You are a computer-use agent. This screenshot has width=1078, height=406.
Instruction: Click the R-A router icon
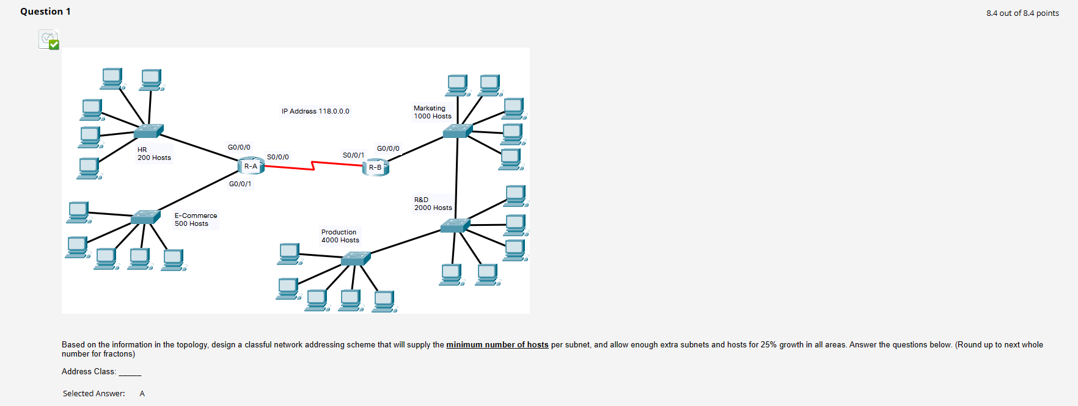[251, 165]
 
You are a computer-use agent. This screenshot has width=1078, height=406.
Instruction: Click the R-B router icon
[375, 167]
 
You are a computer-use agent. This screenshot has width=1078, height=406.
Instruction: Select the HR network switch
[148, 131]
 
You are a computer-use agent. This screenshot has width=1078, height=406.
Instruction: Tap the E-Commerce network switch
[145, 217]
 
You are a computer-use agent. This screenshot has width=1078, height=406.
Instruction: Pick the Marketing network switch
[458, 131]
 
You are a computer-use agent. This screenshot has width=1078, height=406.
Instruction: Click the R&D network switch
[455, 226]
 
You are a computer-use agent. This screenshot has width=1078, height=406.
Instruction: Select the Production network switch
[355, 259]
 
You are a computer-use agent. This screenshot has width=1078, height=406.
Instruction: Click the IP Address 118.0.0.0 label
[315, 111]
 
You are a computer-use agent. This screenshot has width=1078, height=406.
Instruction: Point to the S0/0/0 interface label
[277, 157]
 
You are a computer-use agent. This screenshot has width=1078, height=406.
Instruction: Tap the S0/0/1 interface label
[353, 155]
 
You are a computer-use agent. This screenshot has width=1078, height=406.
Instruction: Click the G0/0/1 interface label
[240, 184]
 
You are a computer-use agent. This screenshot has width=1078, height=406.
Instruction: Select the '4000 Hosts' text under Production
[340, 240]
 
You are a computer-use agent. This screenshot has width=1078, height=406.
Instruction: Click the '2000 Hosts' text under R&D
[433, 208]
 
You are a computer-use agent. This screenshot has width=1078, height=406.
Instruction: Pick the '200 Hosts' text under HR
[154, 158]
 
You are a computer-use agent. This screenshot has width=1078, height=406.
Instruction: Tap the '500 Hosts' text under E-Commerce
[191, 223]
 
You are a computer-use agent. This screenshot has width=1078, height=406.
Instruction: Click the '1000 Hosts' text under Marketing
[433, 116]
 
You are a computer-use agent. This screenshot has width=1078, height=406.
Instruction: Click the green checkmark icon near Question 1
[53, 44]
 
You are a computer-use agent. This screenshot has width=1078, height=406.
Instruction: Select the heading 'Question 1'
[45, 12]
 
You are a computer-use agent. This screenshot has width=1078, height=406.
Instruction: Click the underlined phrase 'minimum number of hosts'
[497, 345]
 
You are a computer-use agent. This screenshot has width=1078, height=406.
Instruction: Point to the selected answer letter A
[142, 394]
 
